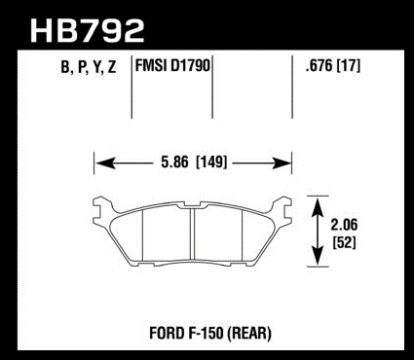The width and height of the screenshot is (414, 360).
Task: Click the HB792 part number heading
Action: pyautogui.click(x=87, y=31)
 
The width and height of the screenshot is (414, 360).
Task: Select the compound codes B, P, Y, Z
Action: pyautogui.click(x=89, y=67)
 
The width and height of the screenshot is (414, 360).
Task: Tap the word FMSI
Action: pyautogui.click(x=150, y=66)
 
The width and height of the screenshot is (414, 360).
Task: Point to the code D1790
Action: pyautogui.click(x=189, y=66)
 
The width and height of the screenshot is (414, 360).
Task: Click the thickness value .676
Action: pyautogui.click(x=319, y=66)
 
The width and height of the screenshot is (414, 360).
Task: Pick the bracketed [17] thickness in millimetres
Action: pyautogui.click(x=349, y=66)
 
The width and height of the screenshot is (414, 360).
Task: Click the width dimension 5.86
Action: pyautogui.click(x=174, y=162)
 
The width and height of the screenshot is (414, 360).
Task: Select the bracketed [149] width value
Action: pyautogui.click(x=211, y=162)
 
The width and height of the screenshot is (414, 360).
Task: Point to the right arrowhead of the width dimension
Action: pyautogui.click(x=282, y=162)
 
